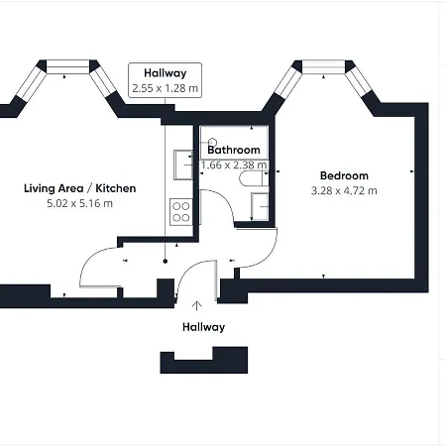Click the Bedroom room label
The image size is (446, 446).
(344, 175)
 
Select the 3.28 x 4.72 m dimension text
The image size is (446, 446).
(344, 191)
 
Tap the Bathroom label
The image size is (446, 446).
(234, 150)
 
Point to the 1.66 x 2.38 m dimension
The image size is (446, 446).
(234, 165)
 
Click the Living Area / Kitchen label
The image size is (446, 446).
(80, 188)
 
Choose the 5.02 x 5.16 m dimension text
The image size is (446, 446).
(79, 203)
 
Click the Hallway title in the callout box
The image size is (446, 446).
(166, 73)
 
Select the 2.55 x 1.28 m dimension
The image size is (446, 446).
(166, 88)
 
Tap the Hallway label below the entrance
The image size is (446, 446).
(203, 327)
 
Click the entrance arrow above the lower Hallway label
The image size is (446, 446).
(197, 306)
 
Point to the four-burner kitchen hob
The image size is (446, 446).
(181, 212)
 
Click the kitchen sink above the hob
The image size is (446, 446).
(183, 165)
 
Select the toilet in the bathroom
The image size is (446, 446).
(254, 178)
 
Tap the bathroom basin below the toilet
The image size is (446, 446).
(260, 206)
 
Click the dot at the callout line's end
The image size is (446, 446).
(166, 262)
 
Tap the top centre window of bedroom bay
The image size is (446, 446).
(323, 66)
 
